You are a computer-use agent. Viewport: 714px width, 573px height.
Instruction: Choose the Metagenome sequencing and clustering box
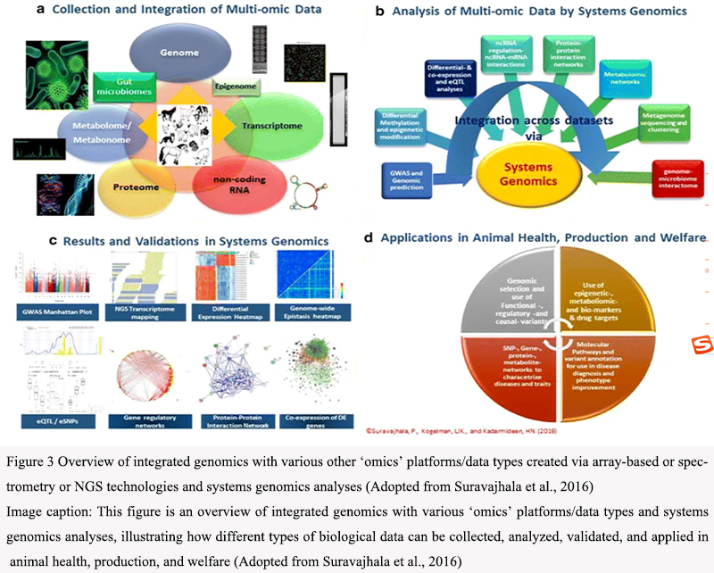point(668,122)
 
